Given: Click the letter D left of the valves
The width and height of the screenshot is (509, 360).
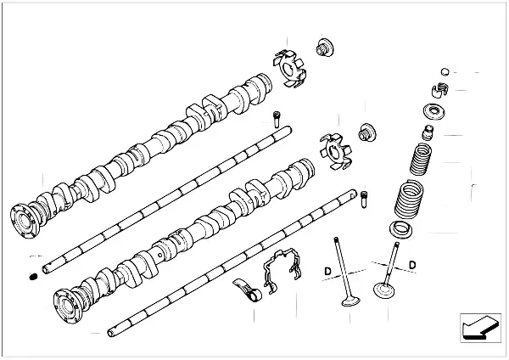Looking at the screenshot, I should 327,271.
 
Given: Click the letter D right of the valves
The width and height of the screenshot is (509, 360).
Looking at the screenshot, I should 411,265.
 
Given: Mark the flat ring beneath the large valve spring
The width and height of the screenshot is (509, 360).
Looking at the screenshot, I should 401,228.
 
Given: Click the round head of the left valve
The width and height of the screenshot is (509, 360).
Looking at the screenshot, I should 348,300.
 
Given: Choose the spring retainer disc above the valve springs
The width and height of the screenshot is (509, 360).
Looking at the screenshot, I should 433,111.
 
